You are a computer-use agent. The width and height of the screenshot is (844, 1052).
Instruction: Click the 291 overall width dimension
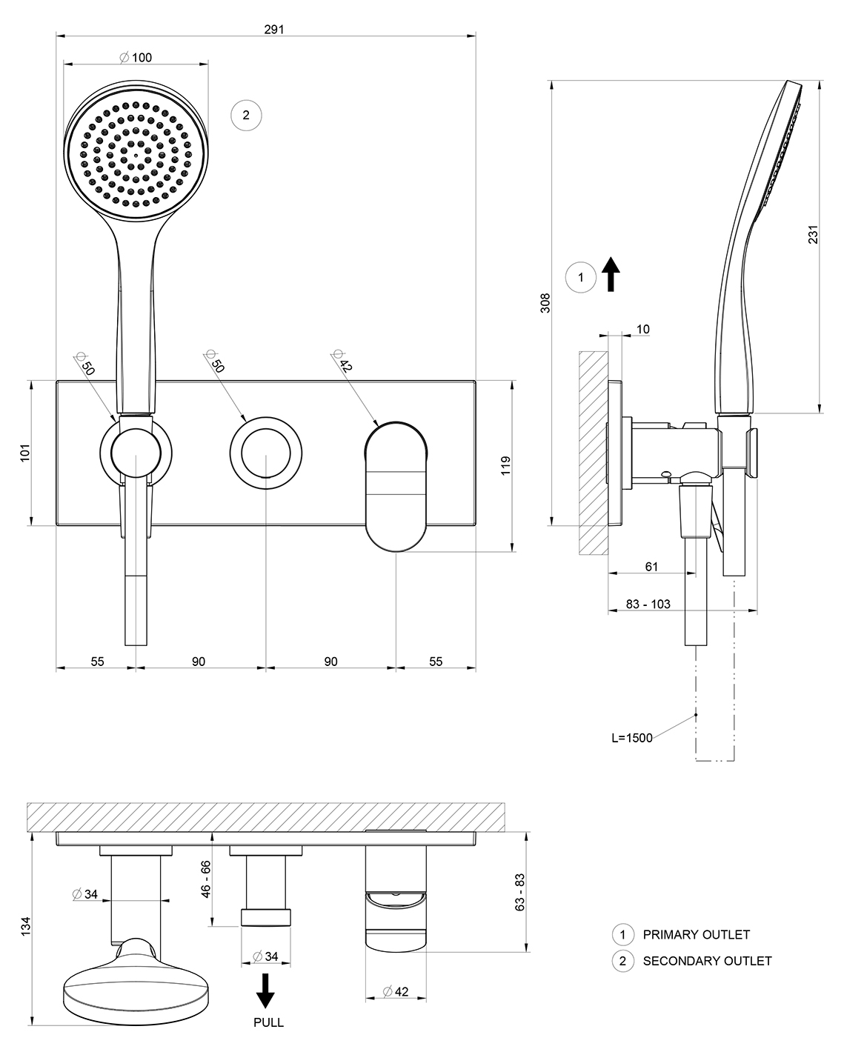click(x=274, y=30)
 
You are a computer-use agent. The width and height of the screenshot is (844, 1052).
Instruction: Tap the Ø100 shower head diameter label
click(x=136, y=58)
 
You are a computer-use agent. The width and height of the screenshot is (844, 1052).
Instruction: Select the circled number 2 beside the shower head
click(x=246, y=116)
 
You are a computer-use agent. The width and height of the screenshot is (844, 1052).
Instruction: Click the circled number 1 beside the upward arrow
click(x=580, y=278)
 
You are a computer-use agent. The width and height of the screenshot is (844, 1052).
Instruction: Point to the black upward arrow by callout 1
click(x=611, y=274)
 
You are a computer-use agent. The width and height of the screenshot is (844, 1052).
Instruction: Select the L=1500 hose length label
click(x=632, y=738)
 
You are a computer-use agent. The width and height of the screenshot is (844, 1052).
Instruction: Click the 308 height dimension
click(x=545, y=303)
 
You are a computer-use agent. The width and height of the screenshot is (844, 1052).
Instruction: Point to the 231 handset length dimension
click(x=813, y=234)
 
